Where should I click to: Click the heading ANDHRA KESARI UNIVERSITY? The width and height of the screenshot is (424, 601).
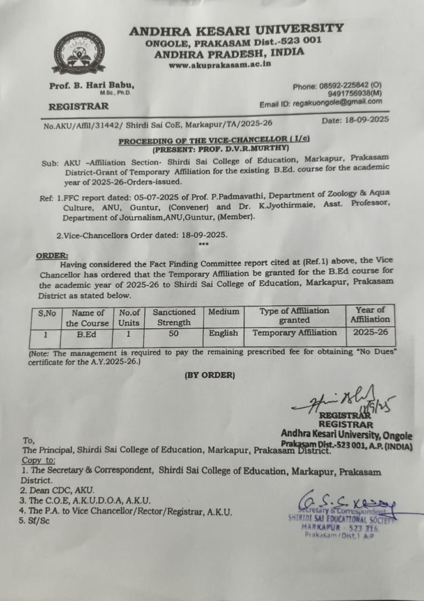(236, 30)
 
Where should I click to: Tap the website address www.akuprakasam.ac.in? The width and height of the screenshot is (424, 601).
(220, 64)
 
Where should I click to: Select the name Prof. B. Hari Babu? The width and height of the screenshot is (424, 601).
(92, 85)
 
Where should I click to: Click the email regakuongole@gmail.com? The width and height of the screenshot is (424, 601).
(337, 102)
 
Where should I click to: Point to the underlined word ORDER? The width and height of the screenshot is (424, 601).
(52, 255)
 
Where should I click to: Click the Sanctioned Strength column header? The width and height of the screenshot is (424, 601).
(174, 317)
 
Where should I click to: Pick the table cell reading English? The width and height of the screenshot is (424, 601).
(223, 333)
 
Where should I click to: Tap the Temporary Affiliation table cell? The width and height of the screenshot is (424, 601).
(294, 333)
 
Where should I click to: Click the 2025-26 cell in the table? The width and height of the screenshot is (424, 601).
(370, 331)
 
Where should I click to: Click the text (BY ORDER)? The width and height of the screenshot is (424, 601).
(209, 375)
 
